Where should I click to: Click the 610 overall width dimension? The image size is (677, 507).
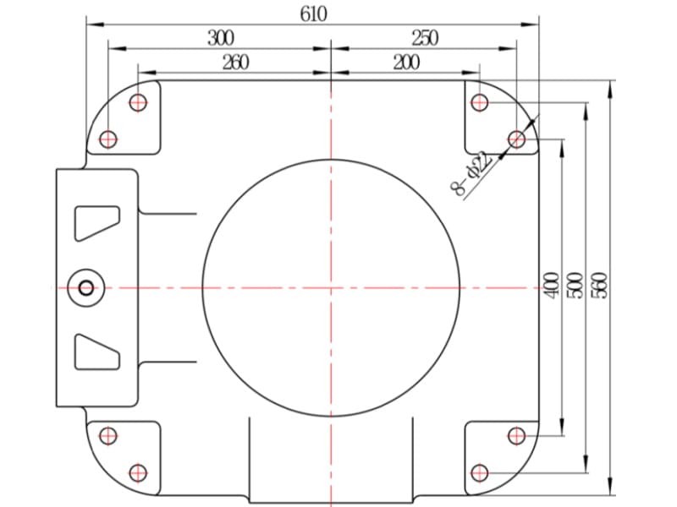(314, 14)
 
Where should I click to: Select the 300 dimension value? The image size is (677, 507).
(221, 38)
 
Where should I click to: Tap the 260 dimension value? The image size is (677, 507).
(236, 63)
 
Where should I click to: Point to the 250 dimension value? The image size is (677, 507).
(425, 38)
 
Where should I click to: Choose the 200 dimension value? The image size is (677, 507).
(406, 63)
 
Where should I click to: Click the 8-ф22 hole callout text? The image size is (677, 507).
(472, 173)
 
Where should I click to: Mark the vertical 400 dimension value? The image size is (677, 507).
(552, 285)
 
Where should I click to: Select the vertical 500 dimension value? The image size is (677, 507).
(575, 285)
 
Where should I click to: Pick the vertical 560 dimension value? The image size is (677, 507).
(599, 285)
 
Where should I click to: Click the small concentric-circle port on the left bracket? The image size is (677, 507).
(86, 287)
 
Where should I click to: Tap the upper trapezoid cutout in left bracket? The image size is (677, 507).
(97, 223)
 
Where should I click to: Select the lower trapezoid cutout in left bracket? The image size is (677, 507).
(97, 352)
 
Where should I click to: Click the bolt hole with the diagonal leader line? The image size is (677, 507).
(516, 139)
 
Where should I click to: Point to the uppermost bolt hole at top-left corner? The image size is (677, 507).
(138, 102)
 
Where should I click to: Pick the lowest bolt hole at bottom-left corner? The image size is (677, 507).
(138, 473)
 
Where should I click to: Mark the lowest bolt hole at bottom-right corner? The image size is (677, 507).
(479, 473)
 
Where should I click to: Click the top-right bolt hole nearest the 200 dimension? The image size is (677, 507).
(479, 102)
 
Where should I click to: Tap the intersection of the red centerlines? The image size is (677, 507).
(331, 287)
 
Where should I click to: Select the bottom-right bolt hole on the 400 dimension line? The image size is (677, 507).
(516, 436)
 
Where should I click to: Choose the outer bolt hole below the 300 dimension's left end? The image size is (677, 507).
(108, 139)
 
